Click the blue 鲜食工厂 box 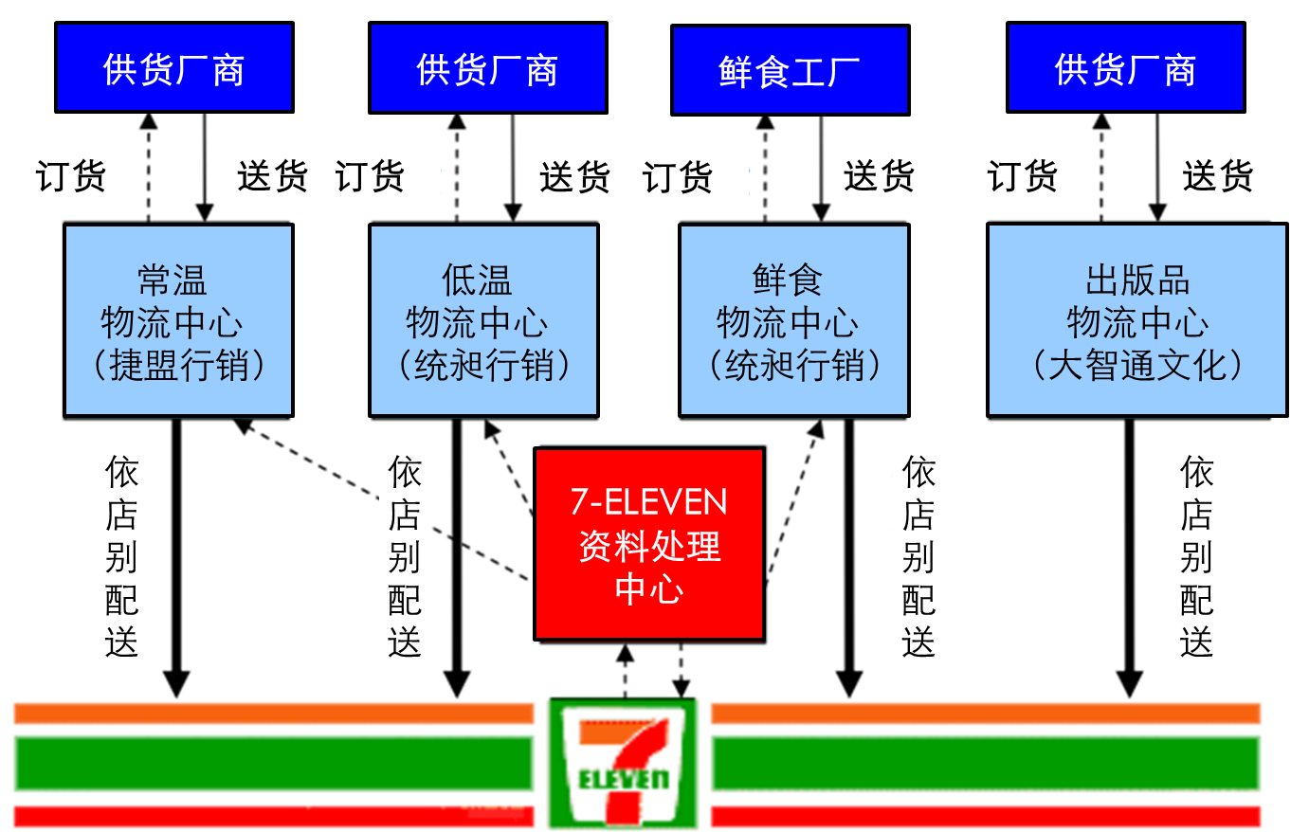point(790,70)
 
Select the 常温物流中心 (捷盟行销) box point(178,320)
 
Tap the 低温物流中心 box point(483,320)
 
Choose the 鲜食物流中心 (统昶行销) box point(793,320)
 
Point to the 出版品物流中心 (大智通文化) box point(1136,320)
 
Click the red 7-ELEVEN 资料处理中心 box point(649,545)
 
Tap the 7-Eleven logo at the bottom point(623,763)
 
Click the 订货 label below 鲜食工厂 point(677,177)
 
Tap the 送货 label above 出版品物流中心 point(1218,176)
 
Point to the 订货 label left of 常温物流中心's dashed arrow point(71,176)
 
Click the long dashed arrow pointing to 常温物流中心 point(379,497)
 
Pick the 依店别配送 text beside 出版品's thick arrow point(1196,557)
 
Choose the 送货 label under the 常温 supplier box point(272,176)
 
